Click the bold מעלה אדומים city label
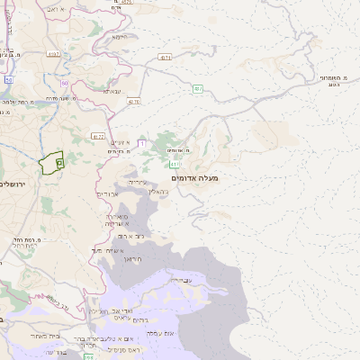(x=198, y=178)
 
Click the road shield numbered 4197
(x=55, y=54)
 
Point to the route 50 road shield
(x=7, y=80)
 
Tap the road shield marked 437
(x=196, y=87)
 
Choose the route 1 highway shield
(x=141, y=143)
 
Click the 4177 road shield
(x=98, y=135)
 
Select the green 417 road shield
(x=175, y=165)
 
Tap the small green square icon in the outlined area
(x=59, y=162)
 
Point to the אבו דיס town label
(x=106, y=194)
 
